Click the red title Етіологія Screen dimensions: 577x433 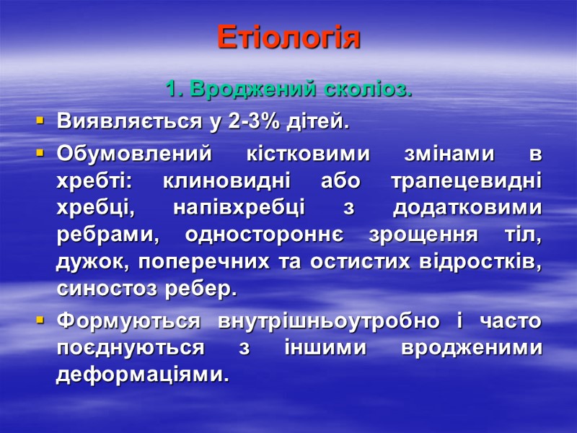(288, 38)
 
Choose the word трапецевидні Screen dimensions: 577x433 (472, 181)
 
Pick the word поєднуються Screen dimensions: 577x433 (130, 347)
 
